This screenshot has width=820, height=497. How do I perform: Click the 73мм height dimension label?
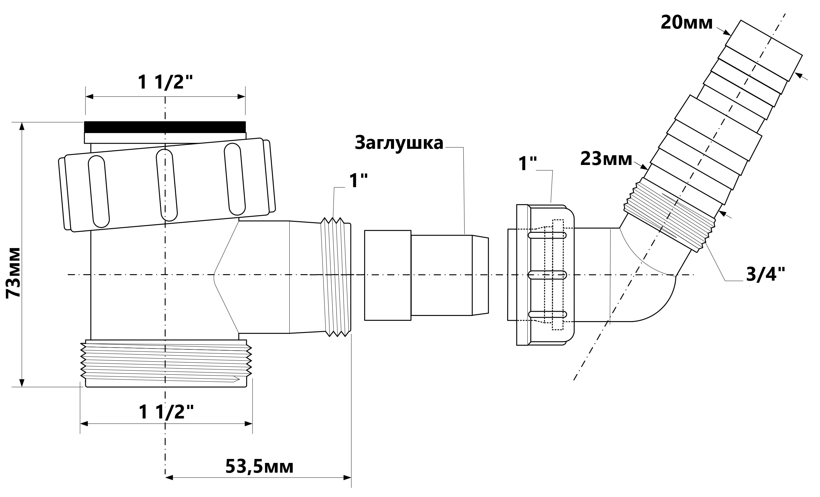tap(13, 273)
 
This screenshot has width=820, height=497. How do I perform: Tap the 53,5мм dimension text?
tap(259, 467)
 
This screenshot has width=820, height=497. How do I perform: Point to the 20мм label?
tap(686, 23)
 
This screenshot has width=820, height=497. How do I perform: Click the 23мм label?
tap(606, 159)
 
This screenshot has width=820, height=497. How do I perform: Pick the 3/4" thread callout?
tap(766, 275)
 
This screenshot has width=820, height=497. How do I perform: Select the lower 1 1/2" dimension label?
tap(166, 412)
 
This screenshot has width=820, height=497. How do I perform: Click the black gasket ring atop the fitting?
tap(165, 127)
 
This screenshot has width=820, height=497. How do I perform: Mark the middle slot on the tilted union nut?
tap(167, 185)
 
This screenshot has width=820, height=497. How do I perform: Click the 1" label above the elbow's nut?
tap(528, 164)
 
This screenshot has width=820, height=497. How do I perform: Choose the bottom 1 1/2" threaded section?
tap(166, 363)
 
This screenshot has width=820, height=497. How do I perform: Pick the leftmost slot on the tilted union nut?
tap(99, 192)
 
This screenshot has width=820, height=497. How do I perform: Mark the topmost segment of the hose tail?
tap(764, 51)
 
